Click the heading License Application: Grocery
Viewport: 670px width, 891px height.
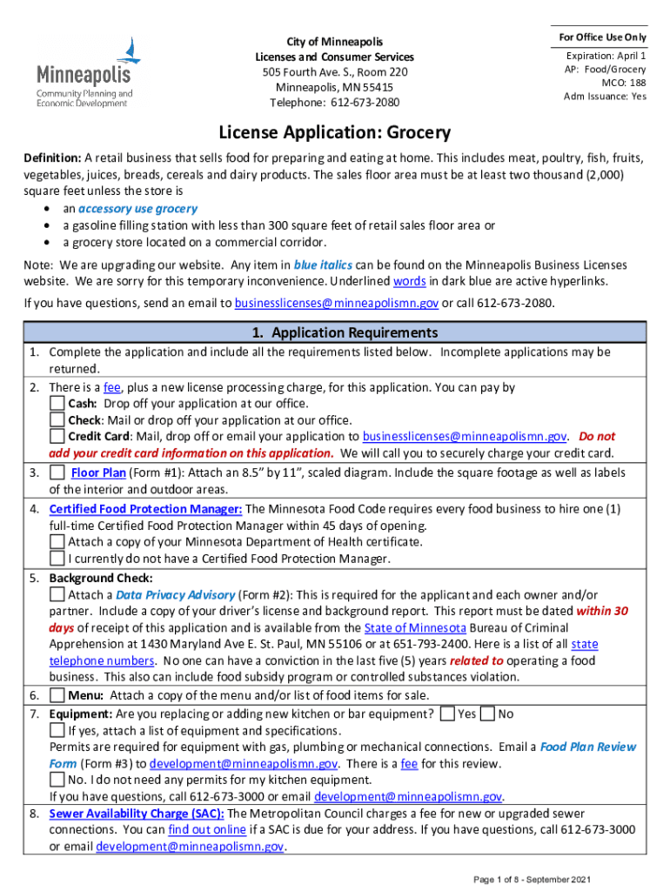pyautogui.click(x=334, y=133)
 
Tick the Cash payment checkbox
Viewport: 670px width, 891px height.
pyautogui.click(x=57, y=404)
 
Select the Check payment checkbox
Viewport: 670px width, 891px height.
pyautogui.click(x=57, y=420)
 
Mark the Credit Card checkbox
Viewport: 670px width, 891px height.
pyautogui.click(x=57, y=437)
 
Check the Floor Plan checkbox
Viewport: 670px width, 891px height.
pyautogui.click(x=57, y=472)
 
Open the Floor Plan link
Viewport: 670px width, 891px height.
pyautogui.click(x=98, y=472)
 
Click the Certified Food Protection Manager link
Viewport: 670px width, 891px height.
pyautogui.click(x=145, y=509)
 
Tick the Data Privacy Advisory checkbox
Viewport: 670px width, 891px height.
pyautogui.click(x=57, y=595)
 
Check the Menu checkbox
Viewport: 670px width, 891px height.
pyautogui.click(x=57, y=696)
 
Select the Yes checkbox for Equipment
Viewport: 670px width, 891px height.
pyautogui.click(x=447, y=714)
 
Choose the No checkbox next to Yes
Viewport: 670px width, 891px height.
pyautogui.click(x=488, y=714)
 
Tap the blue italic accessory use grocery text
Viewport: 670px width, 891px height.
pyautogui.click(x=137, y=209)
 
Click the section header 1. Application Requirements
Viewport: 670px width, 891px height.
pyautogui.click(x=334, y=333)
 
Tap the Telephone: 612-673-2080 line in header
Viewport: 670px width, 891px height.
pyautogui.click(x=334, y=103)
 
